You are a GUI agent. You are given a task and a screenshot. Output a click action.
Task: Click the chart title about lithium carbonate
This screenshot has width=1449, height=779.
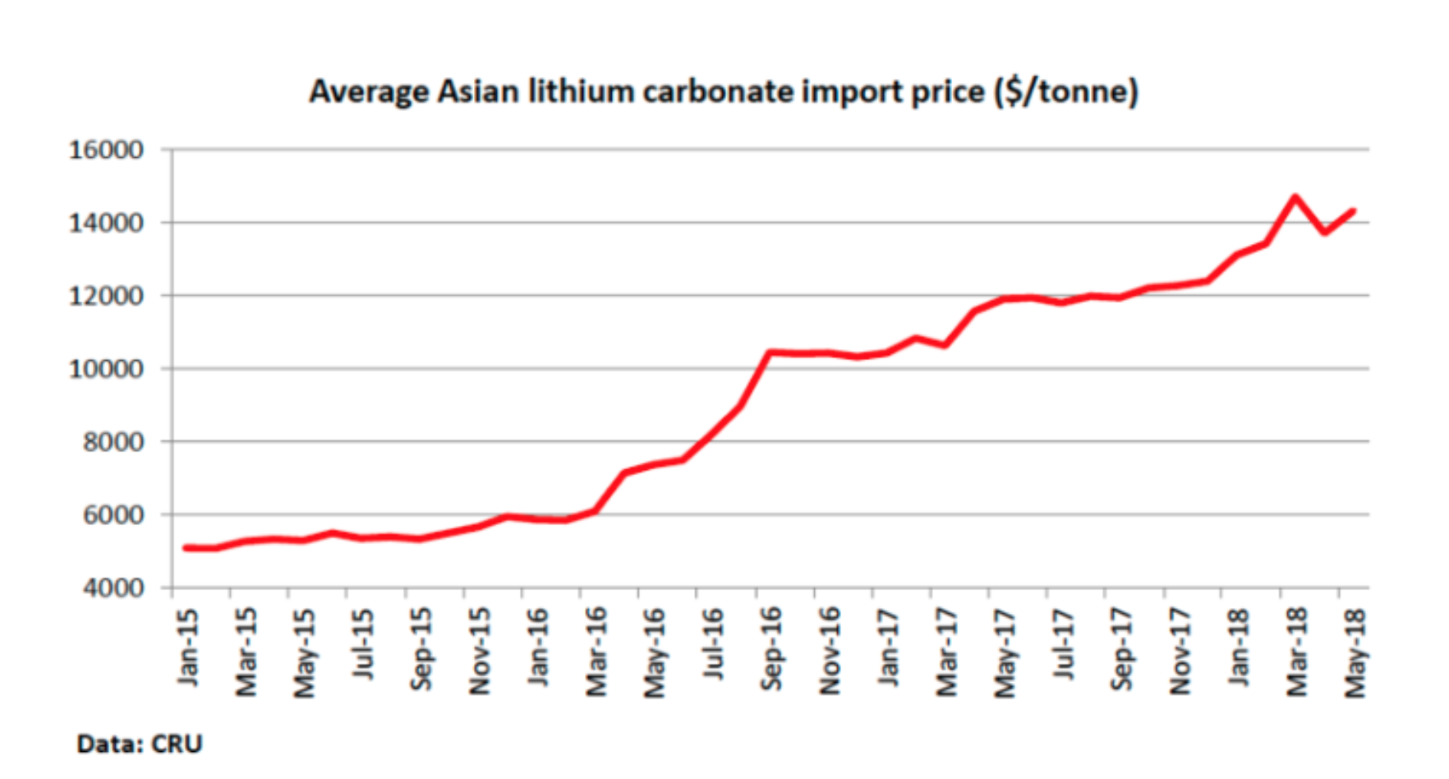723,91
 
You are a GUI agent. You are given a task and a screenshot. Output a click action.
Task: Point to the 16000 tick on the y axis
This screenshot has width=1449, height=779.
106,150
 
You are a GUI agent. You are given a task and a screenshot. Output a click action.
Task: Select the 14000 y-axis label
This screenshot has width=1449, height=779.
106,223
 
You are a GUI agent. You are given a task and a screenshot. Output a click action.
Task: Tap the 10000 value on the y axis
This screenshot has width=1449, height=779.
106,369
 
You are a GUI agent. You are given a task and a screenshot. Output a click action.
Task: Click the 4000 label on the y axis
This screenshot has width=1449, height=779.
113,588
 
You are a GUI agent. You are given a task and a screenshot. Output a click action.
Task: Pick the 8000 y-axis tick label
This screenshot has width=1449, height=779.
113,442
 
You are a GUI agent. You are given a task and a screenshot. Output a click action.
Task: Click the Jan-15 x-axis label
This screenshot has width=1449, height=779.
188,648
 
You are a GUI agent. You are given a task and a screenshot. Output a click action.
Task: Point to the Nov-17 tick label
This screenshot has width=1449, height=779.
1180,652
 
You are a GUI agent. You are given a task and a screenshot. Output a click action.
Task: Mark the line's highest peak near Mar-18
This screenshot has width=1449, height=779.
1295,197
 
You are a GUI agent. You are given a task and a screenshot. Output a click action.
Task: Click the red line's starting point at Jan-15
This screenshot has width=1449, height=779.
186,547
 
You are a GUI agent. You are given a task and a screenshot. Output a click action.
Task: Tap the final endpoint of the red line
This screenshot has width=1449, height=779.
1353,211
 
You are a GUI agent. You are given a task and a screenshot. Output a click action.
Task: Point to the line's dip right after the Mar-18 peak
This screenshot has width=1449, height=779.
1324,233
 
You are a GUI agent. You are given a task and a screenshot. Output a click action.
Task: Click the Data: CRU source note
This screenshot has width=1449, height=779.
139,744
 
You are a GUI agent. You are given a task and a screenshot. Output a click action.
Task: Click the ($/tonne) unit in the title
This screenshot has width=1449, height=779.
1066,91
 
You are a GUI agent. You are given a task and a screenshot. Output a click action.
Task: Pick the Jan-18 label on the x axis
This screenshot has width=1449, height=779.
1238,648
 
